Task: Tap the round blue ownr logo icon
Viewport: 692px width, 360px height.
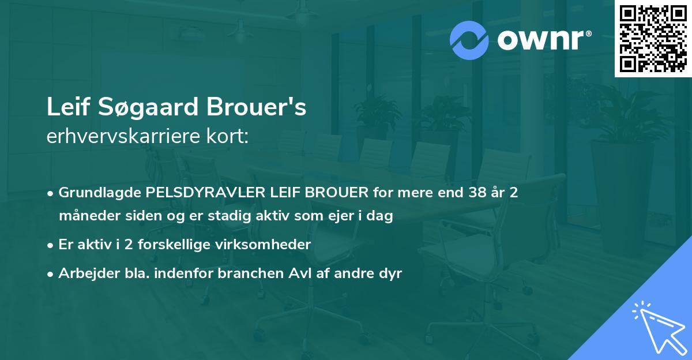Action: pyautogui.click(x=469, y=40)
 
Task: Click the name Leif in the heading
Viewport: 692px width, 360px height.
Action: pyautogui.click(x=65, y=107)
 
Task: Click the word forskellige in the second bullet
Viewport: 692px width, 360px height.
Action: pyautogui.click(x=175, y=245)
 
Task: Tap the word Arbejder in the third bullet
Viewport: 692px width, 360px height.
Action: pyautogui.click(x=84, y=273)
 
